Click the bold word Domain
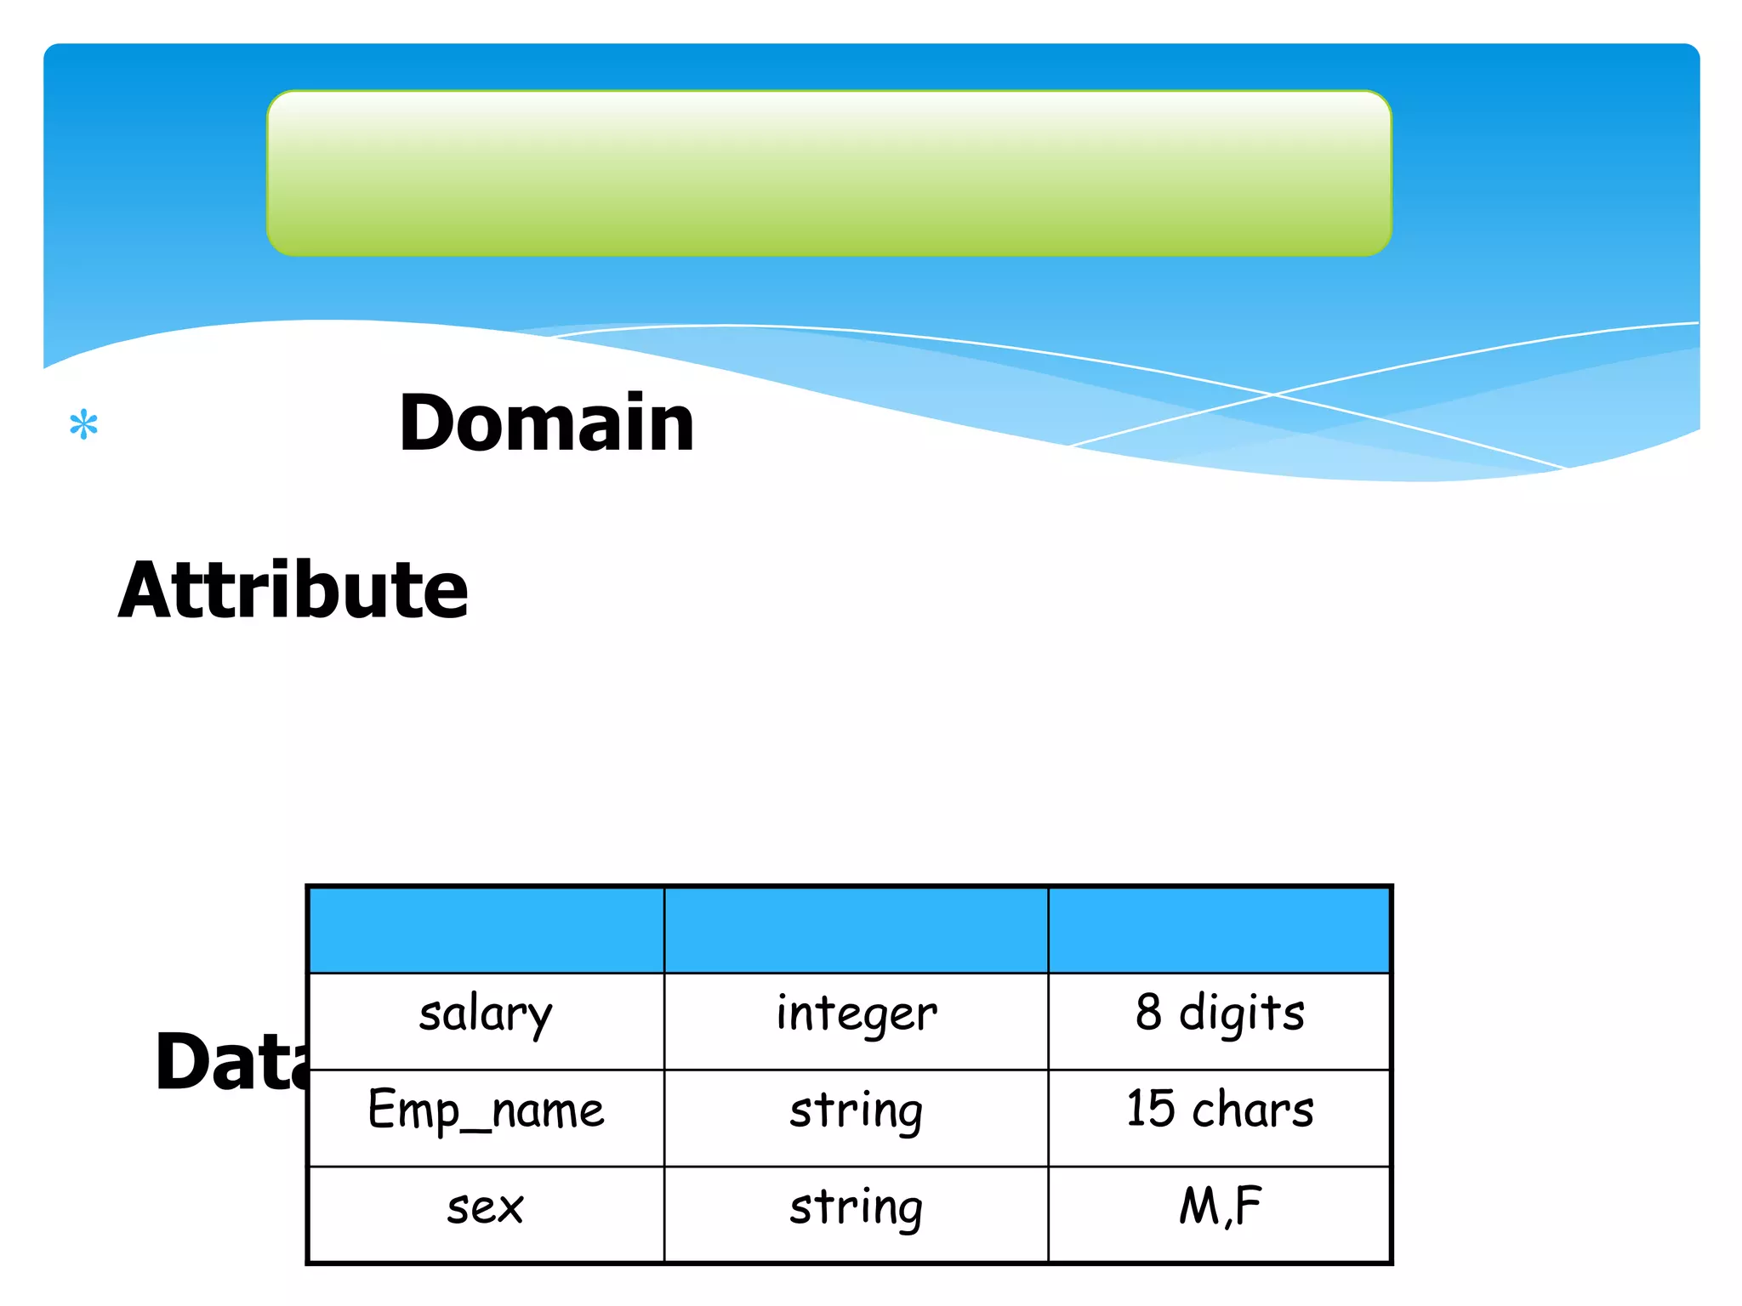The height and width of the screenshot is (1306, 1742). coord(546,423)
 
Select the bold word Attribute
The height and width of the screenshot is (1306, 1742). coord(293,590)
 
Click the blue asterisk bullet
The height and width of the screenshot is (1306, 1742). coord(83,424)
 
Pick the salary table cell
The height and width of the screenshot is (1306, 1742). coord(486,1015)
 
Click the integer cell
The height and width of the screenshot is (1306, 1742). coord(856,1015)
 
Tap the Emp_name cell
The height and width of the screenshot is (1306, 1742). coord(486,1112)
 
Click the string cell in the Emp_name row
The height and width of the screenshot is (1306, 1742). coord(856,1112)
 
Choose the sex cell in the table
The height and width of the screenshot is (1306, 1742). coord(486,1209)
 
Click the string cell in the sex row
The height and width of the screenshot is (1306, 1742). coord(856,1209)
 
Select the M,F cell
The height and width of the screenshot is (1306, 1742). coord(1219,1207)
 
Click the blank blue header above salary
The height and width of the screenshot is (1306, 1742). coord(486,930)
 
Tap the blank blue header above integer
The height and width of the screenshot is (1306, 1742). coord(856,930)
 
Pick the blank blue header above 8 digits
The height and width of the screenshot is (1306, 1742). coord(1219,930)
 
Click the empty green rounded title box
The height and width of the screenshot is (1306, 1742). coord(829,173)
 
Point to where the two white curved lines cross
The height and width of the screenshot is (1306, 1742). coord(1273,395)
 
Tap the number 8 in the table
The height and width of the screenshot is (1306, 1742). coord(1148,1012)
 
